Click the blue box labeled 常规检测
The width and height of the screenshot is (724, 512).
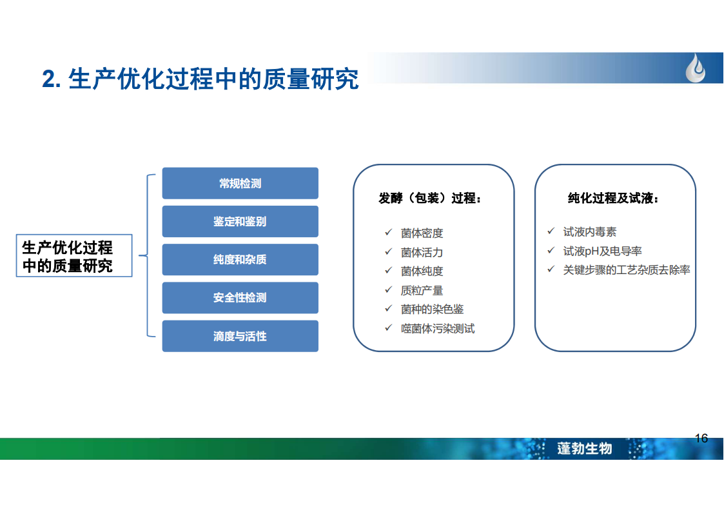240,183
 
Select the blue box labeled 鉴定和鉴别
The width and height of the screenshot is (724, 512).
240,222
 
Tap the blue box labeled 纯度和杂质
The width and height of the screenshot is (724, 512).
240,259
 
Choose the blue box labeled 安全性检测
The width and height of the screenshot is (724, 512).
240,298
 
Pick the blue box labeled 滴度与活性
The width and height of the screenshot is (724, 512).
240,336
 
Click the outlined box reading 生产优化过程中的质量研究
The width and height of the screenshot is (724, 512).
74,256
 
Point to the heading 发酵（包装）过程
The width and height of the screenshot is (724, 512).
430,198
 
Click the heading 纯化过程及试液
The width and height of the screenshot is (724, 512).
613,198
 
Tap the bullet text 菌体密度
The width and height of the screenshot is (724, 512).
422,233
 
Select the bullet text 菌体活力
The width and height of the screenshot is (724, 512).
422,253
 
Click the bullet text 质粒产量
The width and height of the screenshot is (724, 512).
422,290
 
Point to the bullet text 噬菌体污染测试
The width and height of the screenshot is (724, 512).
438,328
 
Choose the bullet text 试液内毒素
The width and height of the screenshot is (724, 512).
590,231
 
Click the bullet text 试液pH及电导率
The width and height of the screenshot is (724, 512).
603,251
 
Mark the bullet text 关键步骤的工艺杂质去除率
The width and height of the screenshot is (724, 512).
627,270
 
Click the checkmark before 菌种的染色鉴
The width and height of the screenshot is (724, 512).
388,308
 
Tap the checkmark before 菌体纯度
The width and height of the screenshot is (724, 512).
388,271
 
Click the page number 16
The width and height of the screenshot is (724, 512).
701,438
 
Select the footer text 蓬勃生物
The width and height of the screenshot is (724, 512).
585,448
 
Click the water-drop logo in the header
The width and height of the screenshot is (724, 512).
696,68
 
